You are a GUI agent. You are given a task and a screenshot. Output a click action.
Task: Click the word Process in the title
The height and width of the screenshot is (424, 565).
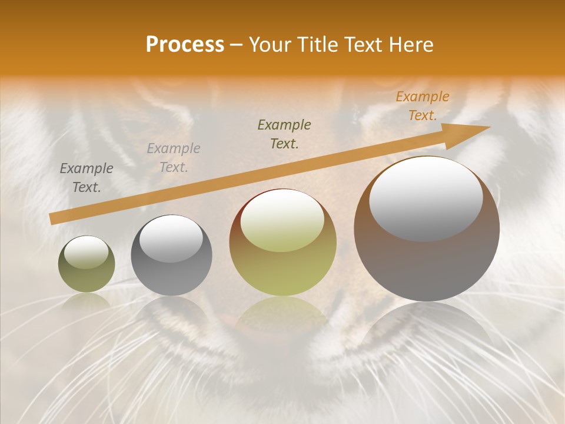185,45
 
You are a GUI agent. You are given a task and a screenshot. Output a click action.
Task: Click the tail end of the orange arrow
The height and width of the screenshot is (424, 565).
53,218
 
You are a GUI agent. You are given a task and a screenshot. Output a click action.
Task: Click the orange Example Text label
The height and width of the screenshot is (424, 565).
422,106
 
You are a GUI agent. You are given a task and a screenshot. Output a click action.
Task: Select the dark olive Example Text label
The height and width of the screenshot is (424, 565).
284,134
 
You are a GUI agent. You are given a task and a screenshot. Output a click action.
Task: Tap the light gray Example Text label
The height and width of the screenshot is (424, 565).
174,158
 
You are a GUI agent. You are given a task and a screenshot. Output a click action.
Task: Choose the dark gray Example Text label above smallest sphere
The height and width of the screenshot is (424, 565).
87,178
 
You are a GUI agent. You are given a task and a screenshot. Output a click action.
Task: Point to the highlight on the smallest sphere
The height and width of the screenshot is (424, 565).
87,253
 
